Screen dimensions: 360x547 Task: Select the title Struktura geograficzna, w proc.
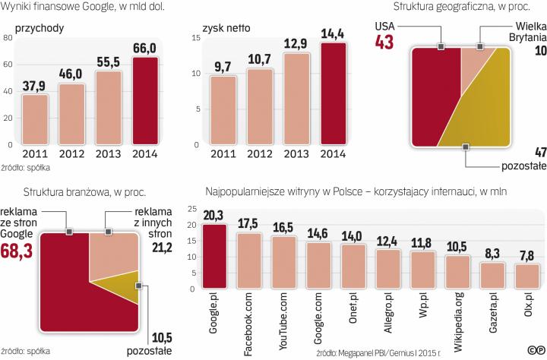tap(460, 8)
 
